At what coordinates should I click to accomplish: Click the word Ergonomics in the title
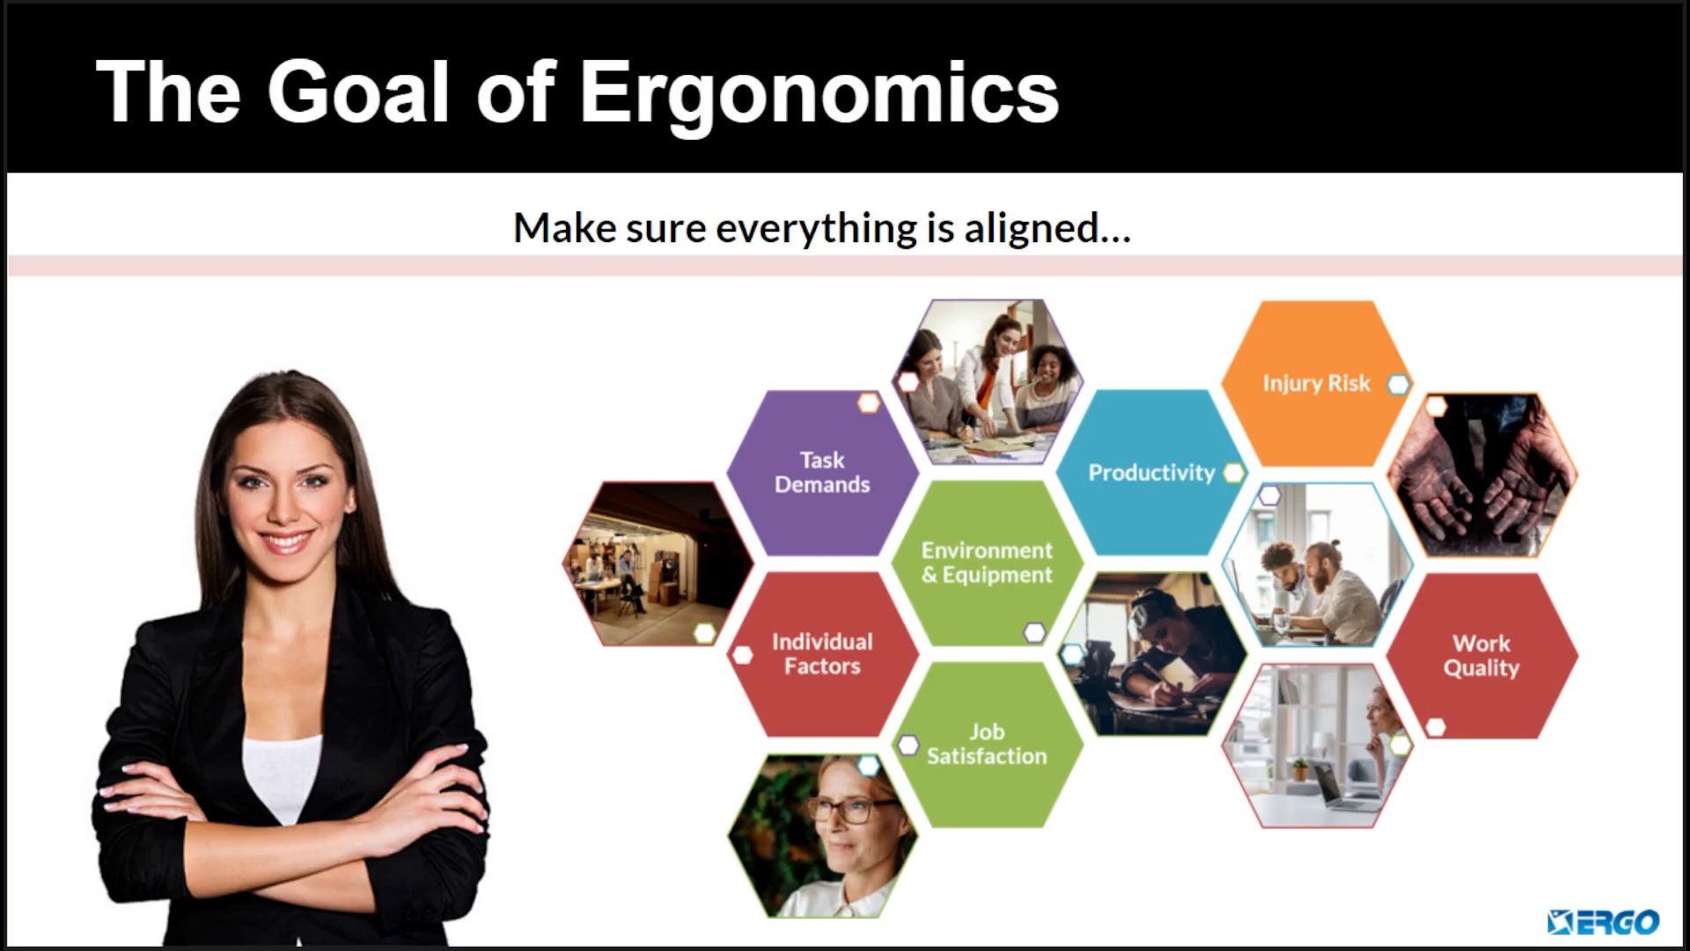click(819, 93)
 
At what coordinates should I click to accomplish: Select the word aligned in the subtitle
click(1047, 228)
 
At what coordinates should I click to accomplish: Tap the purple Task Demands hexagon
click(822, 473)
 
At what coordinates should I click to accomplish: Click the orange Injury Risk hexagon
click(1317, 383)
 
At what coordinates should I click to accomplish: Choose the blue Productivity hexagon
click(1151, 473)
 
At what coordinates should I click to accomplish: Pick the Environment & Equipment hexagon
click(987, 563)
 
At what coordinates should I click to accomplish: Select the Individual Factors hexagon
click(822, 654)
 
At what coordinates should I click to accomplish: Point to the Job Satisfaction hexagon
click(987, 744)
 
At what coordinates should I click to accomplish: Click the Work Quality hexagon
click(1481, 656)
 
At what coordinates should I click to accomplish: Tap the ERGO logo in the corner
click(1603, 922)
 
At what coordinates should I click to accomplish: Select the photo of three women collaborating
click(988, 381)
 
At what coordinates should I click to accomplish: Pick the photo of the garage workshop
click(658, 564)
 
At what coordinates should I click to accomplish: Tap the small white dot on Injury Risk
click(1398, 384)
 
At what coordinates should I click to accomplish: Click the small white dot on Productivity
click(1234, 473)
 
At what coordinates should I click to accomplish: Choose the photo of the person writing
click(1152, 654)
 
